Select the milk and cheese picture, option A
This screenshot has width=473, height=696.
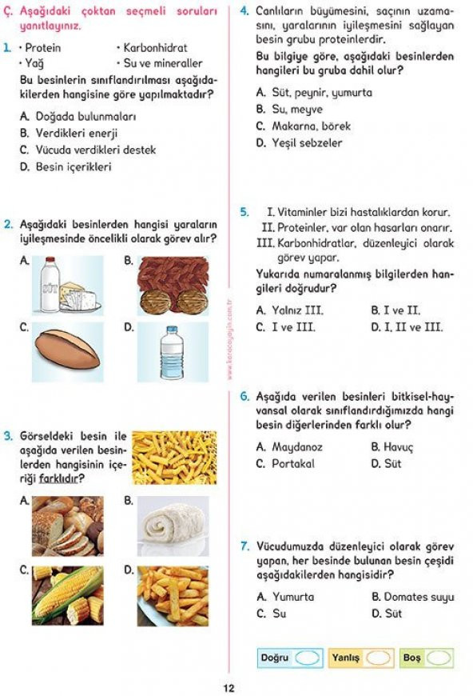[x=68, y=284]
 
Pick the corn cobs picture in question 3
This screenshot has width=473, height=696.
[x=68, y=595]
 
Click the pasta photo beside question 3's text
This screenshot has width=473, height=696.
[x=174, y=458]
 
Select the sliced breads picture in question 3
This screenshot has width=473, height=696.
[x=68, y=526]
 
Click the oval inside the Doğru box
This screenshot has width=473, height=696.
[x=307, y=658]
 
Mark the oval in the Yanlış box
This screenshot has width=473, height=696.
[x=378, y=658]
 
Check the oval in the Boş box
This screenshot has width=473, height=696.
[x=438, y=658]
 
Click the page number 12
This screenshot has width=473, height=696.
[x=229, y=687]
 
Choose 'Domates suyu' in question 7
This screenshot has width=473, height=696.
[x=419, y=596]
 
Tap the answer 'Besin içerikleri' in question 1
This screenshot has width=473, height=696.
[x=74, y=167]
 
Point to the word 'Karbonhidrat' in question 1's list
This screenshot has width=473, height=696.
[x=155, y=47]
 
